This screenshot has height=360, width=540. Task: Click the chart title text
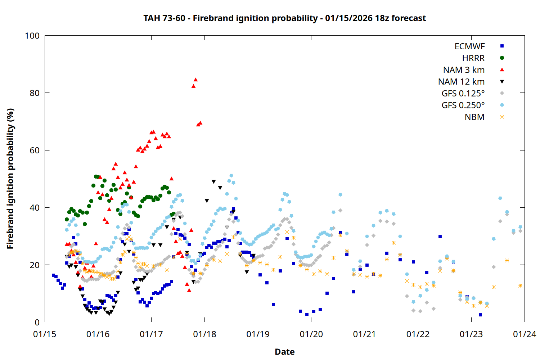tap(284, 18)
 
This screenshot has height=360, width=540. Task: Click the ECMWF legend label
tap(469, 46)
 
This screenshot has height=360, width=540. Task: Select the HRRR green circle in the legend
tap(502, 58)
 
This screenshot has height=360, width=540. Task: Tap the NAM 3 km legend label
tap(464, 70)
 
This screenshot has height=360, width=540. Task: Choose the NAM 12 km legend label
tap(461, 82)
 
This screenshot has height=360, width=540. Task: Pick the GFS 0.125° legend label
tap(463, 94)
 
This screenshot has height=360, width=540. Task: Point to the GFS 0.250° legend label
tap(463, 105)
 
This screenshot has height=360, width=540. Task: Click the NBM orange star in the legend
tap(502, 117)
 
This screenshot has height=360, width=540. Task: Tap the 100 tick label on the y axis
tap(32, 36)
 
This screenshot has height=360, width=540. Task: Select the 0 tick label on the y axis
tap(37, 323)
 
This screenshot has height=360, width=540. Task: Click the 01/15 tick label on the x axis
tap(45, 334)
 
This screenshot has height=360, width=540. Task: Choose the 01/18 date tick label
tap(204, 334)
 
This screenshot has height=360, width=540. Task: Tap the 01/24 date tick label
tap(524, 334)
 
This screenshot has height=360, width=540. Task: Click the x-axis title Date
tap(284, 352)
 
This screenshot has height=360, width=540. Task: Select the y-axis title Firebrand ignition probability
tap(10, 179)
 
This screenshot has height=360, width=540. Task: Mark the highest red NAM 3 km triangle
tap(195, 80)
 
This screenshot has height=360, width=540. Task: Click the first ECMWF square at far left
tap(53, 275)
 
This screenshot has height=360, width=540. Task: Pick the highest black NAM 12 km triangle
tap(213, 182)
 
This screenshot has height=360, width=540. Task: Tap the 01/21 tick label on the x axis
tap(364, 334)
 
